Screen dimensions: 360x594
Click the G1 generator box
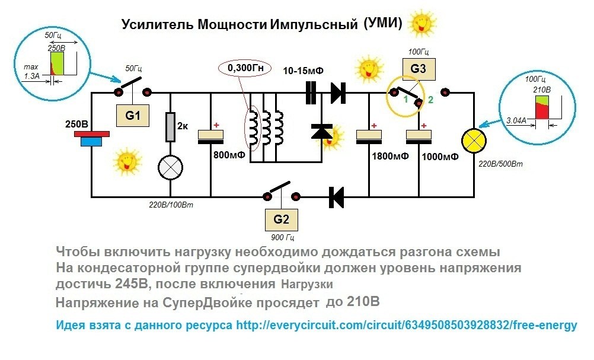(x=133, y=116)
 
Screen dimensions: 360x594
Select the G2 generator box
(x=282, y=219)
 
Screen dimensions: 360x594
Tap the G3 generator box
(x=418, y=69)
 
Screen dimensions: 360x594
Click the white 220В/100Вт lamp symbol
(x=171, y=168)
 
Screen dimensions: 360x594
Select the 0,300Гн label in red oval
(x=245, y=69)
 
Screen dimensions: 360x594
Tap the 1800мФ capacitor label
(x=389, y=157)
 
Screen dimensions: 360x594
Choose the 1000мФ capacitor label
(x=440, y=157)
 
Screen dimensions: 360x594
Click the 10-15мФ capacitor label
(x=304, y=71)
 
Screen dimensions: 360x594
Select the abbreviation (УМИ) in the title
(x=382, y=24)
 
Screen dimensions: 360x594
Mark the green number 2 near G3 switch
(x=431, y=101)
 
